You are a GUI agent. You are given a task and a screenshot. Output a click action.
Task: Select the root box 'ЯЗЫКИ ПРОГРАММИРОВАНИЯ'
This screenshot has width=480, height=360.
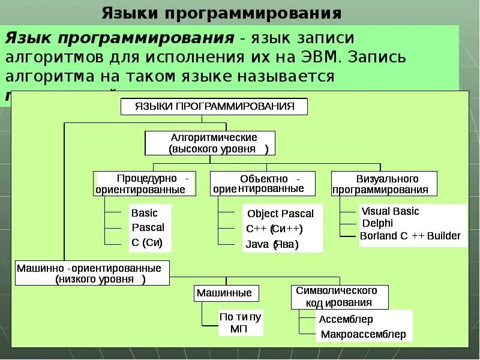point(214,107)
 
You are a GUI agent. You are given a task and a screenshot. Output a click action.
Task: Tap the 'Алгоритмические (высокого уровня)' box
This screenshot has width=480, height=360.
point(210,143)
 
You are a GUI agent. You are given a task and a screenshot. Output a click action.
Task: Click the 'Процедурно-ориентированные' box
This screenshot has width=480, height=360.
point(145,184)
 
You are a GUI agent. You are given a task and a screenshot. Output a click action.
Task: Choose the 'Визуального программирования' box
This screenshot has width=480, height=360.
point(384,184)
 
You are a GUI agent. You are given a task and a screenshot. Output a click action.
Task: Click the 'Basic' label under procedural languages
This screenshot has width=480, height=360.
point(145,213)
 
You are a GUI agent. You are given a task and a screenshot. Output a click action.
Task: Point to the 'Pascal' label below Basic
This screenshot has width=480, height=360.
point(148,228)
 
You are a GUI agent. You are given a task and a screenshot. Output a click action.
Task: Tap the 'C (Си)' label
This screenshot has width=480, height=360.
point(147,243)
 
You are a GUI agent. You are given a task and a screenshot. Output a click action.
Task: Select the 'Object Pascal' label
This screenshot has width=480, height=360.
point(280,214)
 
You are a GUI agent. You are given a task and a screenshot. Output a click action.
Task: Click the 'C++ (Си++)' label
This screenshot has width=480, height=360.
point(274,229)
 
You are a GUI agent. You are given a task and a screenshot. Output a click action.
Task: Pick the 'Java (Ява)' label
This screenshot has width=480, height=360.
point(272,244)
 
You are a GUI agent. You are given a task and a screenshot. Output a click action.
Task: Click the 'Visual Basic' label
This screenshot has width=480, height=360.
point(389,211)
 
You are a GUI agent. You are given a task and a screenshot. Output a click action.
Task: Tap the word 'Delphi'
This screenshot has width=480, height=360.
point(377,223)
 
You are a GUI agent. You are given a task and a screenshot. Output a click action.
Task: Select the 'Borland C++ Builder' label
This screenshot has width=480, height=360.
point(410,236)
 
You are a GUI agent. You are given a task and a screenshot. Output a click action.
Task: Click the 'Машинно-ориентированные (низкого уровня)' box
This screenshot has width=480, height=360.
point(92,273)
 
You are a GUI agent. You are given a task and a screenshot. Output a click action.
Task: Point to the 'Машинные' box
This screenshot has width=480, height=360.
point(227,293)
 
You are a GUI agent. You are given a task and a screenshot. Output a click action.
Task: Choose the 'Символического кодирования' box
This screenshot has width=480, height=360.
point(339,297)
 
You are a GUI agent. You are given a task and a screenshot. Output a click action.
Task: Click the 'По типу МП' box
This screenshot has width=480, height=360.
point(240,323)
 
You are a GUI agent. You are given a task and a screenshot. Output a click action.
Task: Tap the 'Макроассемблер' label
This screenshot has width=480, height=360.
point(363,334)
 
